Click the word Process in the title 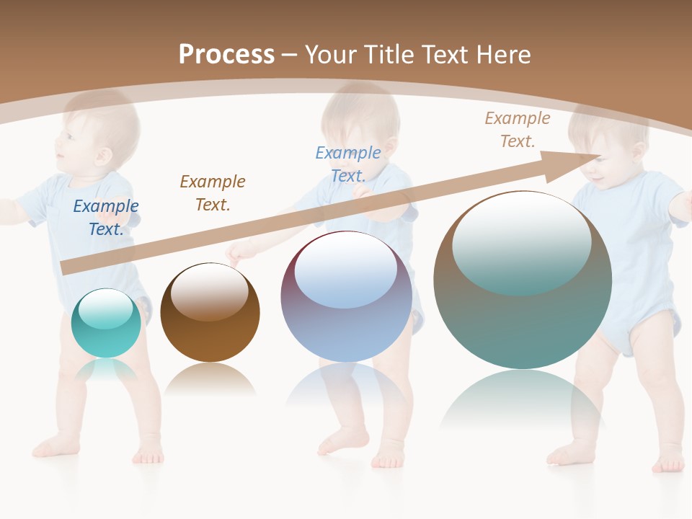(x=226, y=54)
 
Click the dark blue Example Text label (x=106, y=217)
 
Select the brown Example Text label (x=213, y=192)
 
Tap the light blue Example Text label (x=348, y=164)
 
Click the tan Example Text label (x=518, y=129)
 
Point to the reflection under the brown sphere (x=210, y=378)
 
